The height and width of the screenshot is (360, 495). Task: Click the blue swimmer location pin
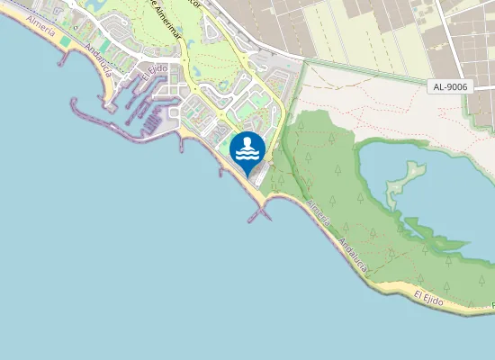247,150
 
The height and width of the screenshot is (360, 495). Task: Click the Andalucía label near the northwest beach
98,59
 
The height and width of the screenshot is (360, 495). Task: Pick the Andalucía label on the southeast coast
353,255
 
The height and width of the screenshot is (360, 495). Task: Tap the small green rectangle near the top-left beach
104,44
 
